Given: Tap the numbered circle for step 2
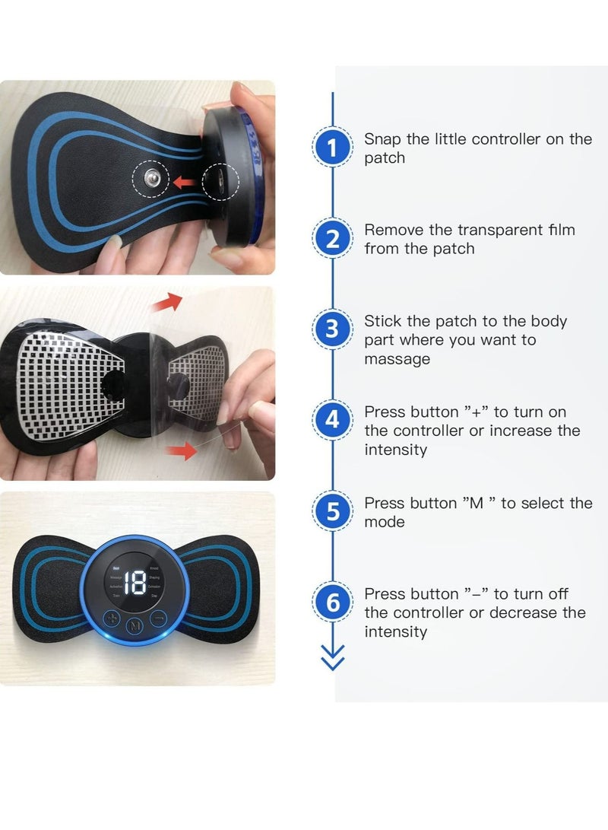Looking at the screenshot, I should (332, 238).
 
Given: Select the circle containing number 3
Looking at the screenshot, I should (332, 330).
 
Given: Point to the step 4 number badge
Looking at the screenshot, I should (332, 420).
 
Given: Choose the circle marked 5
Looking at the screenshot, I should (332, 511).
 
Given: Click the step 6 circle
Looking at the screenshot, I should (332, 603).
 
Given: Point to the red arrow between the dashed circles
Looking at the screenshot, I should (183, 181).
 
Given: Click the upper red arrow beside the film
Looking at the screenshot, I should (167, 302).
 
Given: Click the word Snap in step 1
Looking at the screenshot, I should (382, 139).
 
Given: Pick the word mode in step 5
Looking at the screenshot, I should (385, 522).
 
